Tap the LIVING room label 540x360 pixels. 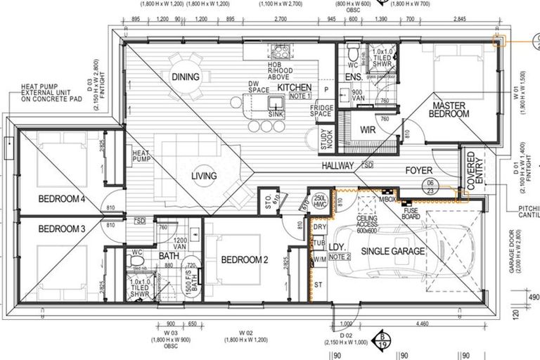point(204,176)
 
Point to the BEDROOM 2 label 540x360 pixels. point(245,260)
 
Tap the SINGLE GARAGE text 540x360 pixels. point(393,252)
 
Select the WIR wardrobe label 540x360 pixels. point(368,130)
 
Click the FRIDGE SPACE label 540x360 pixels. point(320,110)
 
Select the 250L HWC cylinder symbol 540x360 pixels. point(321,200)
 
